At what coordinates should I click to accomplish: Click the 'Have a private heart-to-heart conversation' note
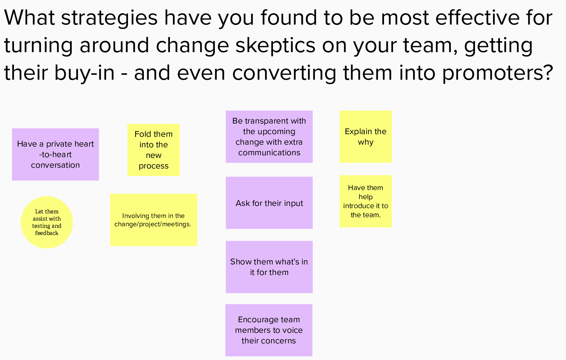pyautogui.click(x=55, y=154)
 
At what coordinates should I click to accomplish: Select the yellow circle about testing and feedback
pyautogui.click(x=47, y=222)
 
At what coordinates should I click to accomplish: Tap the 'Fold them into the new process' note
pyautogui.click(x=153, y=150)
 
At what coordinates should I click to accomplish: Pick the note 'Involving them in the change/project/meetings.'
pyautogui.click(x=153, y=220)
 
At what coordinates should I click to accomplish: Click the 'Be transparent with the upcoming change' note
pyautogui.click(x=269, y=136)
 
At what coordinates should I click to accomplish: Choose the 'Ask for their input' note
pyautogui.click(x=269, y=203)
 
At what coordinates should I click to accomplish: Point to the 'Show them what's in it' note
pyautogui.click(x=269, y=267)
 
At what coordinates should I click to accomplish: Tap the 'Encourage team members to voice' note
pyautogui.click(x=268, y=330)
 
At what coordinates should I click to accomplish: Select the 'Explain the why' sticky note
pyautogui.click(x=366, y=136)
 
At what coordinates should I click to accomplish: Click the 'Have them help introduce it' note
pyautogui.click(x=366, y=201)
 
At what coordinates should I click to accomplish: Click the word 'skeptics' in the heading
pyautogui.click(x=275, y=46)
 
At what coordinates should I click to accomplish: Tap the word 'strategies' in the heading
pyautogui.click(x=109, y=18)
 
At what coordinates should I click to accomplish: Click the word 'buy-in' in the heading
pyautogui.click(x=84, y=73)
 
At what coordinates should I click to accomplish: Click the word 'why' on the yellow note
pyautogui.click(x=366, y=142)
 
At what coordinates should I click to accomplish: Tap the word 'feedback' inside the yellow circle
pyautogui.click(x=47, y=233)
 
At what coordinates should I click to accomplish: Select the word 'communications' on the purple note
pyautogui.click(x=269, y=153)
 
